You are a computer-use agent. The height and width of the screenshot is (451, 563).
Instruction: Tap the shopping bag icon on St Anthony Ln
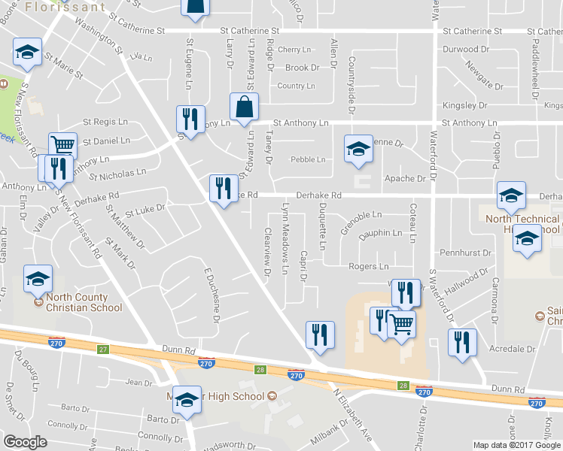(x=245, y=110)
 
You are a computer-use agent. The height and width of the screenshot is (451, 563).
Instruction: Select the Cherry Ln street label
(x=294, y=50)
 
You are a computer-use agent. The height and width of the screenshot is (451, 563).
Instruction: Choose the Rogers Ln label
(x=368, y=266)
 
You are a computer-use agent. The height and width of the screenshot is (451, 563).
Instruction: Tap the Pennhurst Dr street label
(x=465, y=253)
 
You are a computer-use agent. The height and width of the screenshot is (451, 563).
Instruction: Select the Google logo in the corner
(x=26, y=441)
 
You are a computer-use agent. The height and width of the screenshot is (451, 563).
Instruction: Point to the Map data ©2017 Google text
(x=518, y=445)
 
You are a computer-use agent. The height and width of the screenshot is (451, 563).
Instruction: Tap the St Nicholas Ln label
(x=117, y=174)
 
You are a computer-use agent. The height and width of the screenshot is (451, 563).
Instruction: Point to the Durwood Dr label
(x=466, y=50)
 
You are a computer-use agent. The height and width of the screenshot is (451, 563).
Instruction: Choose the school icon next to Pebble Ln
(x=358, y=149)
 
